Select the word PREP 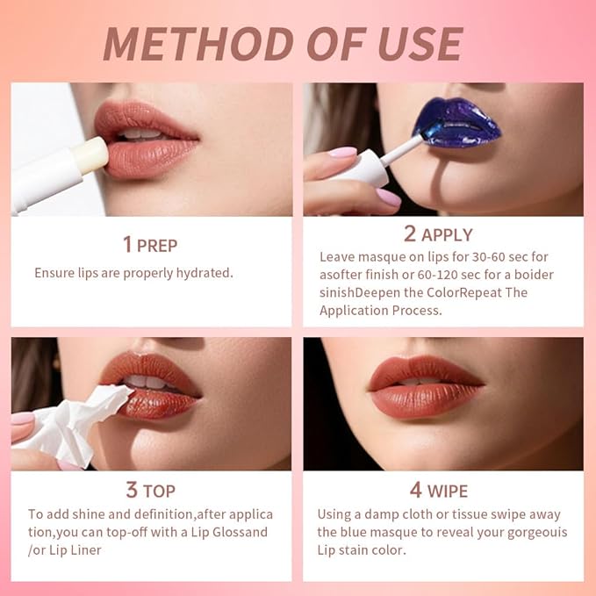161,245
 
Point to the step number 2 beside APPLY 410,233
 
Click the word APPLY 447,234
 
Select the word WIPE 448,491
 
